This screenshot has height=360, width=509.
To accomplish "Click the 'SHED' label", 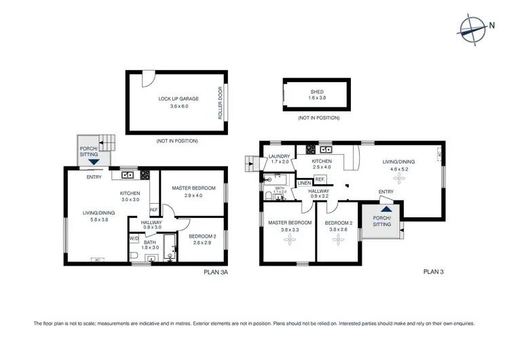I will (x=317, y=92).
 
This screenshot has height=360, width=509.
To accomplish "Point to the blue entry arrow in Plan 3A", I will (x=93, y=162).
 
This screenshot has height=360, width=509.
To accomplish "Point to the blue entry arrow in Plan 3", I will (x=385, y=210).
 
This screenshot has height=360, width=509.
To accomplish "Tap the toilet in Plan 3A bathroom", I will (x=134, y=255).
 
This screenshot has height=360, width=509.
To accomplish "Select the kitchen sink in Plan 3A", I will (x=127, y=175).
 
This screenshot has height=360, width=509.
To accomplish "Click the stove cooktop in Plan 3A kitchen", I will (x=145, y=175).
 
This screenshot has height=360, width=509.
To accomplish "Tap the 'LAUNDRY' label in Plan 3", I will (x=280, y=156).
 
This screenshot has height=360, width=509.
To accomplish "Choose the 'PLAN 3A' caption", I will (x=217, y=272).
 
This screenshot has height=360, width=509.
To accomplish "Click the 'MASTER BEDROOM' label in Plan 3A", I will (x=193, y=188).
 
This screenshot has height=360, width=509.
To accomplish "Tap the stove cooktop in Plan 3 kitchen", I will (x=312, y=149).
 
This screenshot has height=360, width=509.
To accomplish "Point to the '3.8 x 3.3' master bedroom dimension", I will (x=289, y=230).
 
